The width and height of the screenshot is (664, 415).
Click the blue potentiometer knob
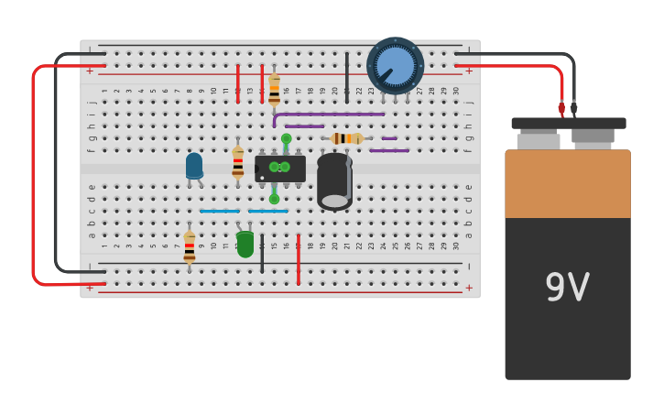[396, 66]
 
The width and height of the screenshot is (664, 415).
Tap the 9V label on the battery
[567, 288]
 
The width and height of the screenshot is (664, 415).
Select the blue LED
[194, 166]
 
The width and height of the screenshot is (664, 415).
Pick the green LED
[245, 244]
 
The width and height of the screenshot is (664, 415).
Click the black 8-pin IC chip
[280, 169]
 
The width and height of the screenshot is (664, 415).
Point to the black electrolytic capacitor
[334, 180]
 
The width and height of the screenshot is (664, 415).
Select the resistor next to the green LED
[190, 246]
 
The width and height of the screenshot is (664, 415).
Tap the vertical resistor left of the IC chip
[238, 162]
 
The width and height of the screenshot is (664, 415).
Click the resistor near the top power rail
[274, 89]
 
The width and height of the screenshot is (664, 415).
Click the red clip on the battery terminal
[561, 108]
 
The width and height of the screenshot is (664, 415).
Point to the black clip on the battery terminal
[574, 108]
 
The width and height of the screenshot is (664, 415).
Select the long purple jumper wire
[330, 115]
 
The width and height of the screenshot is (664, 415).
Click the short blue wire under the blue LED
[219, 211]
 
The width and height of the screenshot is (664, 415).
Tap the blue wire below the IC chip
[267, 211]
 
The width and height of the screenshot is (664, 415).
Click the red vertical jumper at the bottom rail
[298, 258]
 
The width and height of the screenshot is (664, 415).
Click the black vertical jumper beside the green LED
[262, 253]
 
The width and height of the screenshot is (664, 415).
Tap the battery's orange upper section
[568, 183]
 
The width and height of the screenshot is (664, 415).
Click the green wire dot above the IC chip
[286, 139]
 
